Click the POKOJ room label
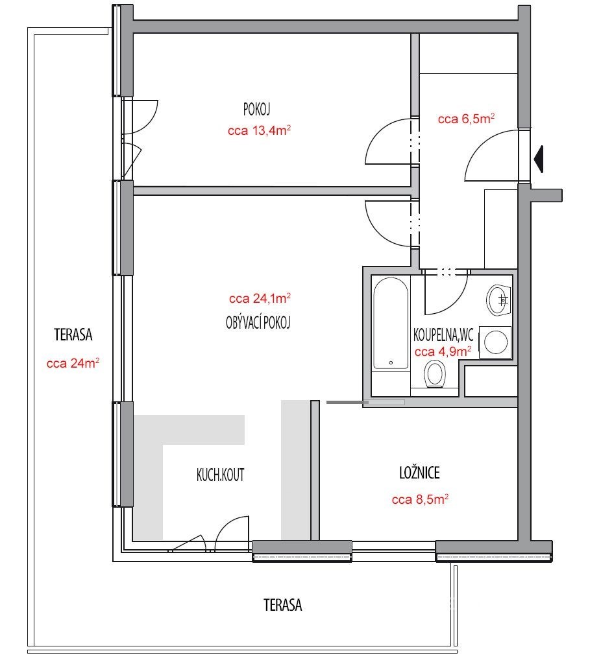click(256, 110)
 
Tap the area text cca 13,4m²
click(259, 130)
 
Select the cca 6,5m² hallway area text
click(466, 119)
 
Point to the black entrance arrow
click(538, 159)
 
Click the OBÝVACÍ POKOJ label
click(258, 323)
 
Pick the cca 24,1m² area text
click(260, 298)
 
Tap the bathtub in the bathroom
click(391, 324)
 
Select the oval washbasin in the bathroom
click(498, 300)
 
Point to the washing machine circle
click(496, 342)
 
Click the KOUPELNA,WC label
click(443, 335)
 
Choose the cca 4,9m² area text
click(443, 351)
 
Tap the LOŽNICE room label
click(419, 473)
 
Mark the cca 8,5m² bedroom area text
click(420, 499)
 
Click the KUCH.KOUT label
click(220, 475)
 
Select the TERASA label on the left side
click(73, 335)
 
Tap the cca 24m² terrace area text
click(73, 363)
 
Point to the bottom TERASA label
click(283, 605)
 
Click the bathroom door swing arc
click(456, 302)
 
